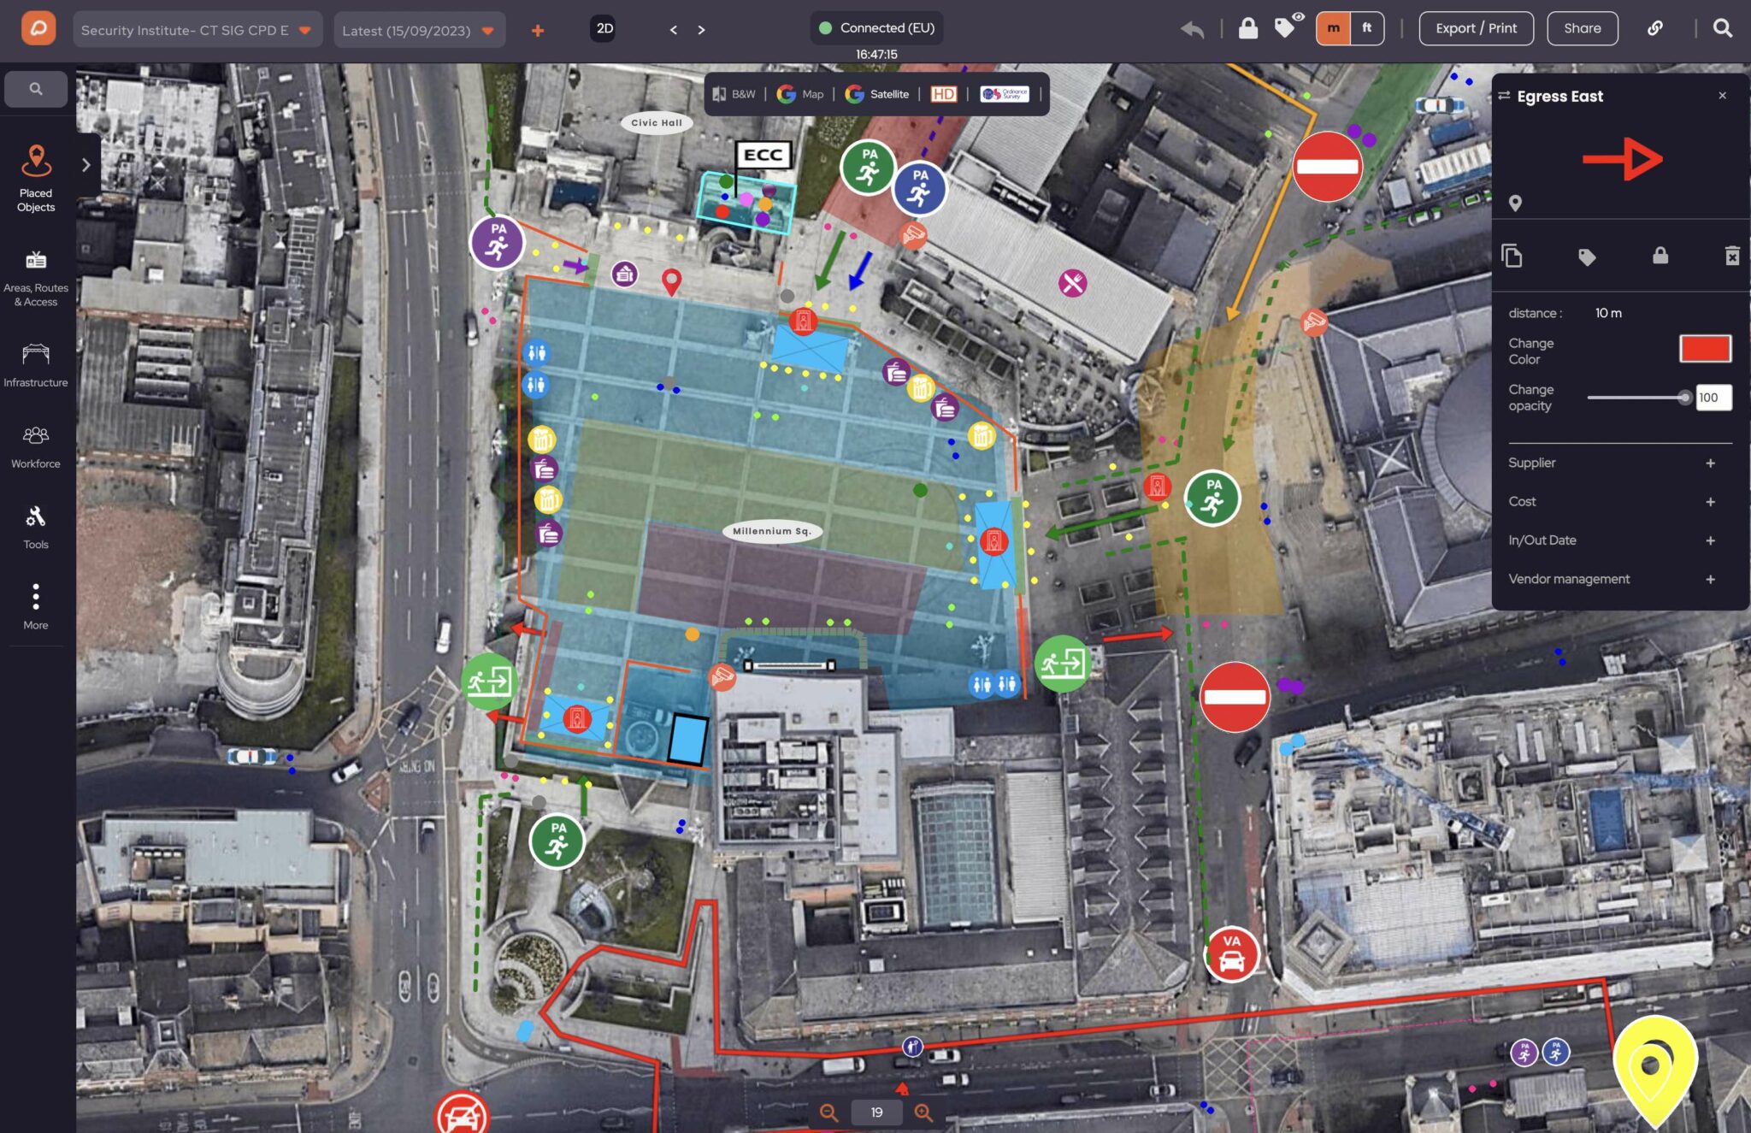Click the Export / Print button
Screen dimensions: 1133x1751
click(x=1476, y=28)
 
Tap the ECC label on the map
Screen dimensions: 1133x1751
click(x=763, y=155)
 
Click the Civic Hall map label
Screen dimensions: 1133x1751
click(x=657, y=123)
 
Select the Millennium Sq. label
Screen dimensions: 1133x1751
click(x=771, y=531)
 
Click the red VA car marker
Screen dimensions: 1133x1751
click(x=1231, y=953)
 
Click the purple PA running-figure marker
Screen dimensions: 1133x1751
click(x=497, y=242)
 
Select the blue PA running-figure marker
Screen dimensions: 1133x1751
click(x=920, y=188)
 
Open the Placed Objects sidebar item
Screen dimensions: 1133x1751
click(x=36, y=178)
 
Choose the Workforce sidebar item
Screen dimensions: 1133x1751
click(x=36, y=446)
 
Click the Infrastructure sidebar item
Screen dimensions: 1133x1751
click(x=36, y=365)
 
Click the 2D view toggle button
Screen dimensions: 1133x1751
click(x=604, y=28)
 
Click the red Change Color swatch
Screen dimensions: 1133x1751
click(x=1705, y=349)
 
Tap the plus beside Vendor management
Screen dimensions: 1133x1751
click(x=1710, y=580)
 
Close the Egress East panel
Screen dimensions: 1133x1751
click(x=1722, y=96)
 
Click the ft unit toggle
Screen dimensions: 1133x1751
click(x=1366, y=28)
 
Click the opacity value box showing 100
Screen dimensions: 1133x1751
click(x=1713, y=398)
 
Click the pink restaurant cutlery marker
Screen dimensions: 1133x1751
click(x=1072, y=282)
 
